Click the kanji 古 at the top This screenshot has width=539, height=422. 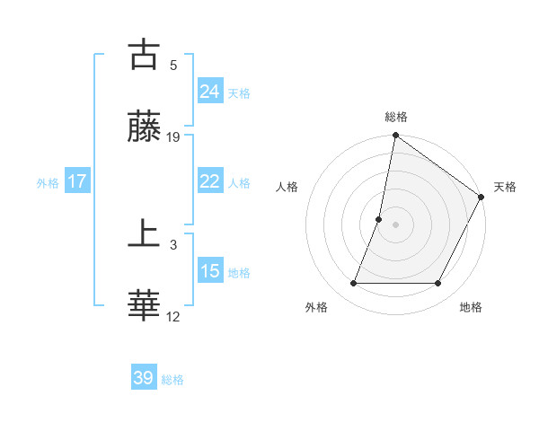[x=144, y=55]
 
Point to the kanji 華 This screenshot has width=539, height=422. [x=144, y=306]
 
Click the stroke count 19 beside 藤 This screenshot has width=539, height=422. [x=173, y=136]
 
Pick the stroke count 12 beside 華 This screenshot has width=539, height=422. [x=173, y=316]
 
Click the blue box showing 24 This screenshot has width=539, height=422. [x=209, y=91]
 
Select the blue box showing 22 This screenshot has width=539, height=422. [x=209, y=180]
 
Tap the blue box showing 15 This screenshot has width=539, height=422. [x=209, y=270]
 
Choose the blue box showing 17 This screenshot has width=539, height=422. [x=77, y=180]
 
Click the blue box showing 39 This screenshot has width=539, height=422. [x=143, y=378]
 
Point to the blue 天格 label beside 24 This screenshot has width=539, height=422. [x=239, y=92]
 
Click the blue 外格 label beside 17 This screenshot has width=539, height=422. [x=48, y=182]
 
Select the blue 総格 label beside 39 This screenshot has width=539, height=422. [x=172, y=380]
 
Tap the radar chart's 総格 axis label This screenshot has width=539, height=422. [x=396, y=117]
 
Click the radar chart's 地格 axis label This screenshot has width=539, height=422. [x=471, y=307]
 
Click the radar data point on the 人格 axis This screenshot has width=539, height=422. [x=379, y=219]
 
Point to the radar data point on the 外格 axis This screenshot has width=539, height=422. [x=353, y=284]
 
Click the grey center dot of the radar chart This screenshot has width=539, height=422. [x=396, y=224]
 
